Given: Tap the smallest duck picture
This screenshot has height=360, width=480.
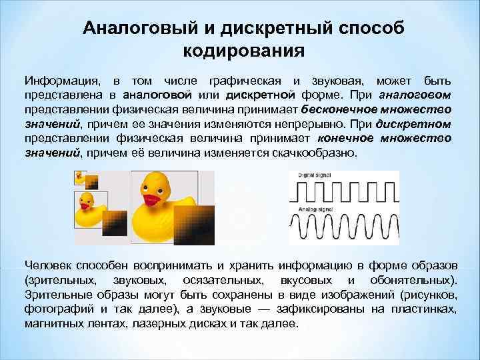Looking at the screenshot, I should [x=81, y=177].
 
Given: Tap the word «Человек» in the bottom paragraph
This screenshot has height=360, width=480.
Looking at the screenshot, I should [x=49, y=263].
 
